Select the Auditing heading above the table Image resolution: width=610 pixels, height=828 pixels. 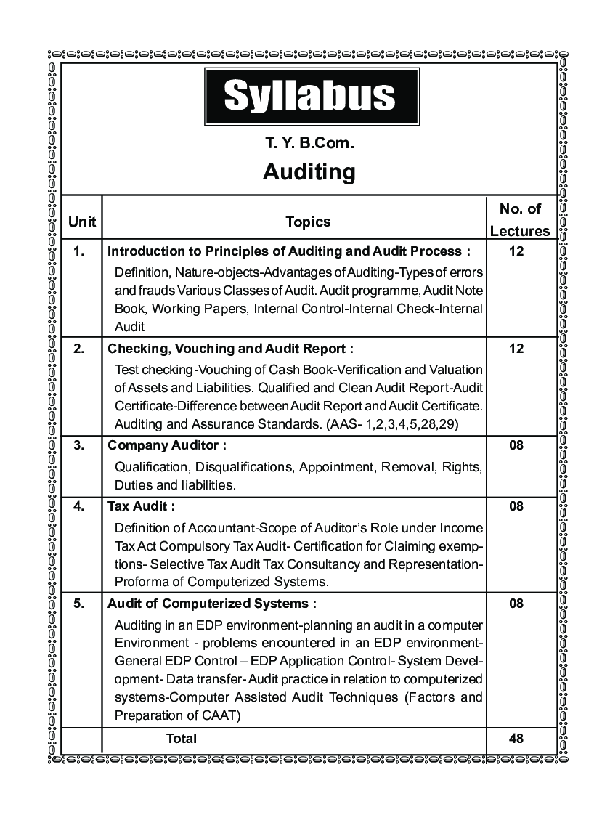[x=309, y=172]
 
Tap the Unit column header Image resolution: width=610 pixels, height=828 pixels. [x=82, y=222]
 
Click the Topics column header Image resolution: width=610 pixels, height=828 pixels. [x=308, y=222]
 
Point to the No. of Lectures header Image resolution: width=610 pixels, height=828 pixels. [x=520, y=220]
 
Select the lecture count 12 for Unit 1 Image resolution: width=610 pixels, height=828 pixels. [x=516, y=251]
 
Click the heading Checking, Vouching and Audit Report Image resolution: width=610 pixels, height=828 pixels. [x=231, y=349]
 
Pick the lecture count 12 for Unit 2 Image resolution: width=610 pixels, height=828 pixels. [x=516, y=349]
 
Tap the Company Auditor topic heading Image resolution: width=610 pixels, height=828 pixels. [x=167, y=445]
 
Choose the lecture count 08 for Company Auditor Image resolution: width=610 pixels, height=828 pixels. [x=516, y=445]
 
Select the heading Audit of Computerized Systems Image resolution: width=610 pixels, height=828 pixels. [x=212, y=603]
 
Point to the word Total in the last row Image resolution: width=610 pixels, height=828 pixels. [x=182, y=739]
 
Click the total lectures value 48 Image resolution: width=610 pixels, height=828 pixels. [x=516, y=739]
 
